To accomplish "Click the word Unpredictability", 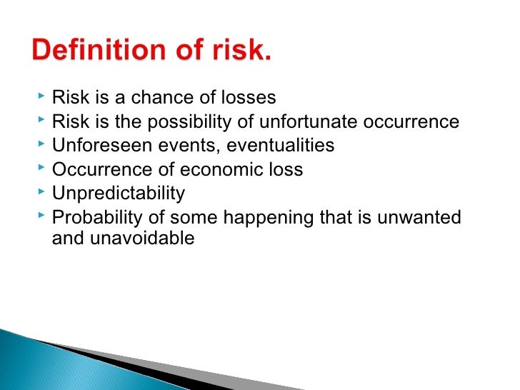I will [119, 194].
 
